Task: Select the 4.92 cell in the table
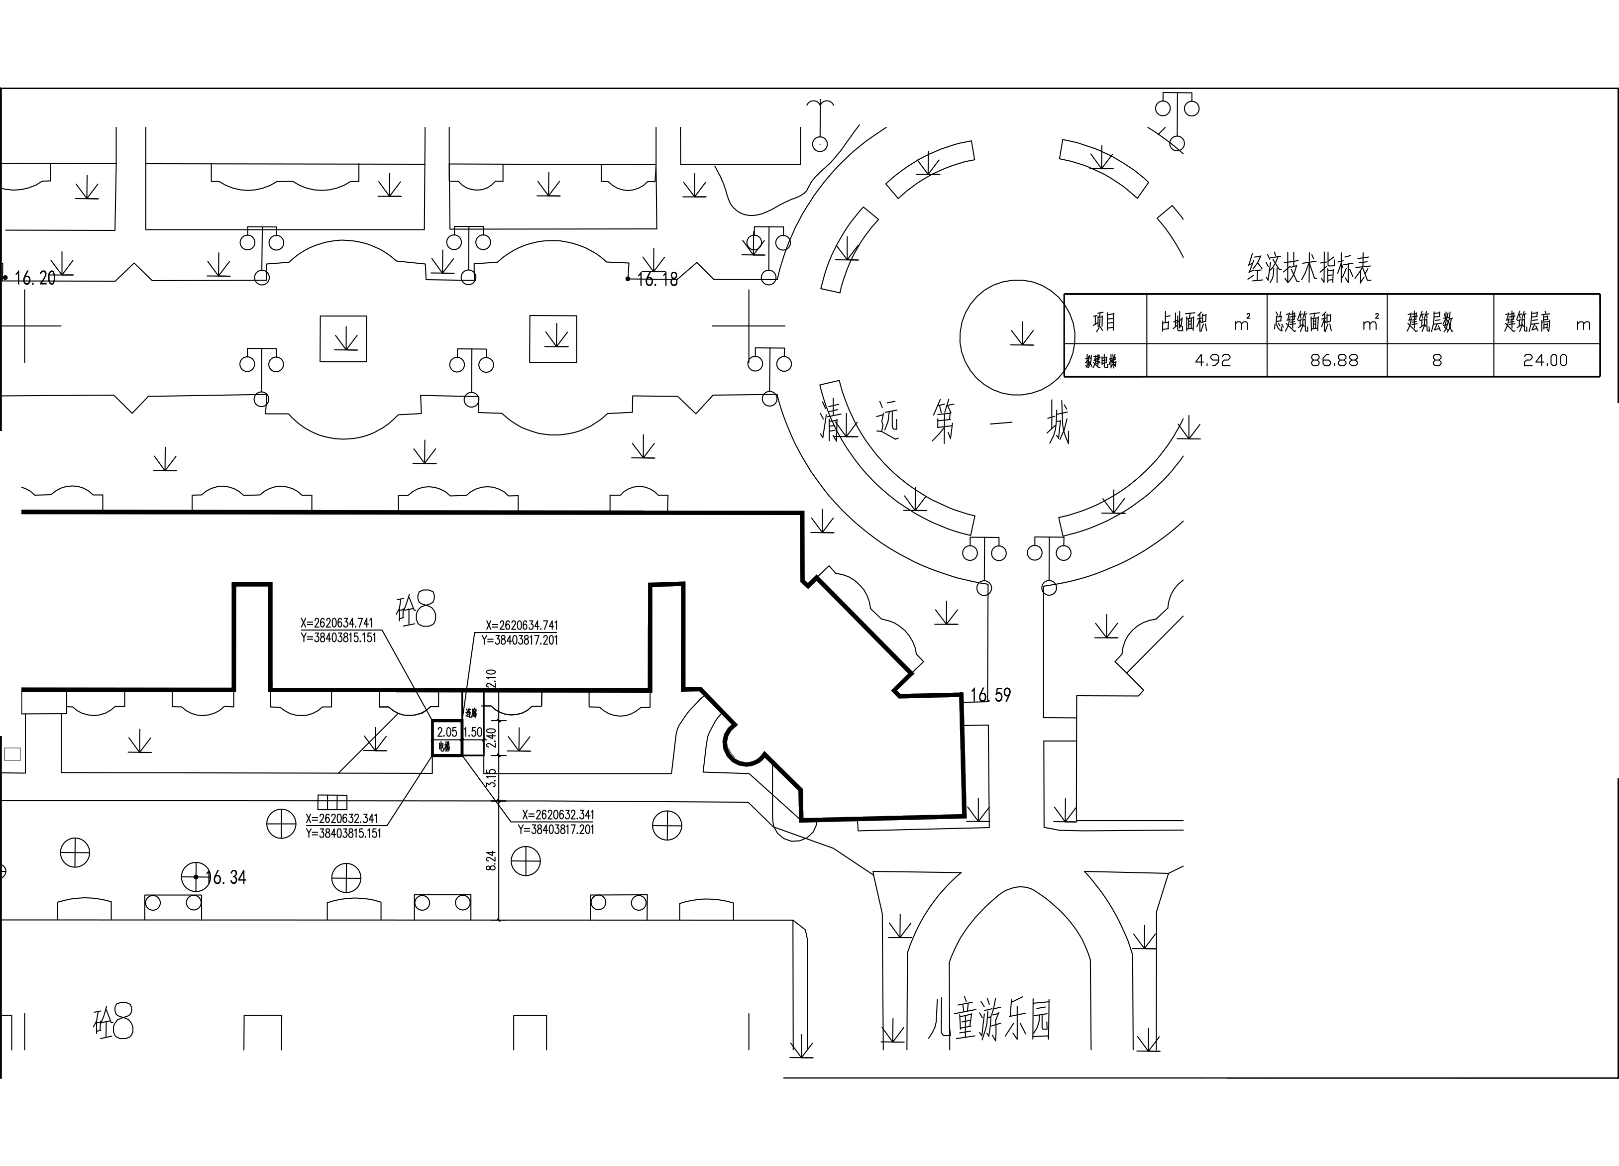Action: click(x=1213, y=360)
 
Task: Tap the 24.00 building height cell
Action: click(x=1545, y=360)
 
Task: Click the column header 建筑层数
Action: click(x=1430, y=322)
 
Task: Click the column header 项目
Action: click(x=1104, y=322)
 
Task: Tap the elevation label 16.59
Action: click(x=991, y=694)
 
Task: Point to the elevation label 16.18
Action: click(x=657, y=280)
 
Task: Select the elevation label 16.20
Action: click(x=34, y=278)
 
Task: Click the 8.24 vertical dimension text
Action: click(x=491, y=860)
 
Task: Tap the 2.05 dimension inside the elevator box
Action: click(x=447, y=732)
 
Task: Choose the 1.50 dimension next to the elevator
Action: click(x=473, y=732)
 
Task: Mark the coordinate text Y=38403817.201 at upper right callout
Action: click(x=519, y=640)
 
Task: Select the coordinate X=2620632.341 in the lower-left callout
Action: click(x=342, y=819)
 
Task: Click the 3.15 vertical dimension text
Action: click(x=490, y=778)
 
